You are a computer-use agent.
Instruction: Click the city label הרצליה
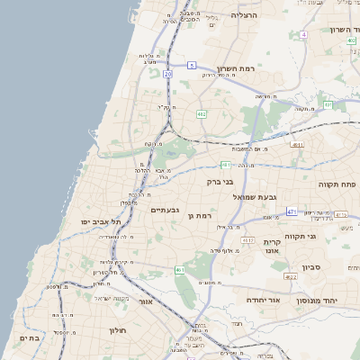(244, 15)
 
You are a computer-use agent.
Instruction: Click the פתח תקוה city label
(337, 183)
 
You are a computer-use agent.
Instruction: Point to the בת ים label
(30, 337)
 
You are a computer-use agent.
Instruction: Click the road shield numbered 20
(167, 75)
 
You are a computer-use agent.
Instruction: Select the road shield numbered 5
(192, 66)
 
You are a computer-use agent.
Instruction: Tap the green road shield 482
(202, 114)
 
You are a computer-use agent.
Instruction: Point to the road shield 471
(292, 211)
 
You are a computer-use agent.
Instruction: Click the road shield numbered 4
(304, 34)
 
